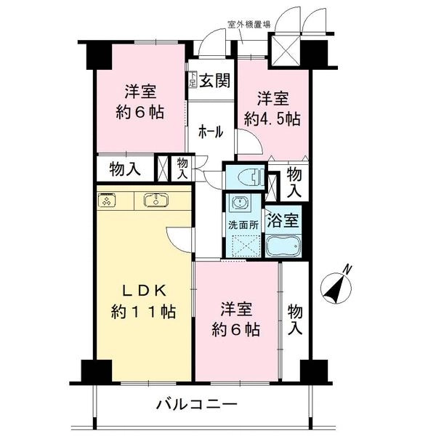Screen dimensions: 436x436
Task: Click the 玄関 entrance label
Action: click(214, 81)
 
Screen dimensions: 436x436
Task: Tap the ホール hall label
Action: click(211, 132)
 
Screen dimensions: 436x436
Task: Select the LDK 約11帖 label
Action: click(143, 302)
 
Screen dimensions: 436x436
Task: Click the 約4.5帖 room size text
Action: click(272, 120)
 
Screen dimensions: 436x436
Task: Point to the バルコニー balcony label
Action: click(197, 405)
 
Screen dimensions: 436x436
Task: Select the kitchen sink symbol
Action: click(156, 200)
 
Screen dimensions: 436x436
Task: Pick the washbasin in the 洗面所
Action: click(239, 203)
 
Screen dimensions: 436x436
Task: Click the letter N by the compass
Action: click(347, 270)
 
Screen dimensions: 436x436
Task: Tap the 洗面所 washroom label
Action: click(243, 225)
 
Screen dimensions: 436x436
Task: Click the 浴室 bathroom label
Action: click(283, 220)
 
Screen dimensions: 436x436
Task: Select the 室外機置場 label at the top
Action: click(249, 25)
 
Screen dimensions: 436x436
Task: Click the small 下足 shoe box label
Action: click(193, 79)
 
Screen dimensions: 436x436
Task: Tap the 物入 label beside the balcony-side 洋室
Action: click(295, 320)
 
